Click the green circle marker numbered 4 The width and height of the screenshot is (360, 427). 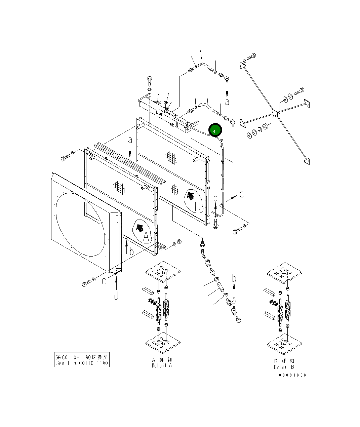(x=215, y=130)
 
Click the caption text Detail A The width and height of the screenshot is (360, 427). (x=162, y=363)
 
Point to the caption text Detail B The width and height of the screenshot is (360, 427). (x=284, y=364)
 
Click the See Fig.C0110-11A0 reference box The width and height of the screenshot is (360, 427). (x=82, y=360)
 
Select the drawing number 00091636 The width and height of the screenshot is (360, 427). (x=292, y=375)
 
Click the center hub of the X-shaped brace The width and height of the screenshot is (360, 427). (x=275, y=113)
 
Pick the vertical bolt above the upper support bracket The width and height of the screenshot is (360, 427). (x=150, y=82)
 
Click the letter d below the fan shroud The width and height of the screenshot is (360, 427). (x=116, y=296)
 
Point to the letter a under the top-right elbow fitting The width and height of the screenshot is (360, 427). (x=228, y=102)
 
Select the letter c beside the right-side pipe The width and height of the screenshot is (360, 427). (x=241, y=194)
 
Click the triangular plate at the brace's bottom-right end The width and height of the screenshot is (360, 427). (x=306, y=162)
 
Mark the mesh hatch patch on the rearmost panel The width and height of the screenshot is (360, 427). (x=171, y=156)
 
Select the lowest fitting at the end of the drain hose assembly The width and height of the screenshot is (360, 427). (x=239, y=319)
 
